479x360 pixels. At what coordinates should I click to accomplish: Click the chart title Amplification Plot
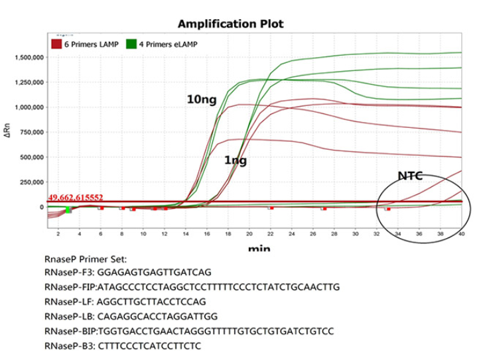point(230,24)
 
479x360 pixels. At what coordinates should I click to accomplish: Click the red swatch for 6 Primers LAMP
point(57,44)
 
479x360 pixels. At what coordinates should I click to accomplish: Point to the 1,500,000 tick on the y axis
point(29,58)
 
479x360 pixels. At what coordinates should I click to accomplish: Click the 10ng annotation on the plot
point(200,99)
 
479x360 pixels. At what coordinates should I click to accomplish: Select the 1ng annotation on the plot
point(235,160)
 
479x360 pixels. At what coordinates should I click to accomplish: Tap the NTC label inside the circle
point(411,176)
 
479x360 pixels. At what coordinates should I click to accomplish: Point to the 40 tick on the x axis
point(461,234)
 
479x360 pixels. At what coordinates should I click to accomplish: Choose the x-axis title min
point(255,249)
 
